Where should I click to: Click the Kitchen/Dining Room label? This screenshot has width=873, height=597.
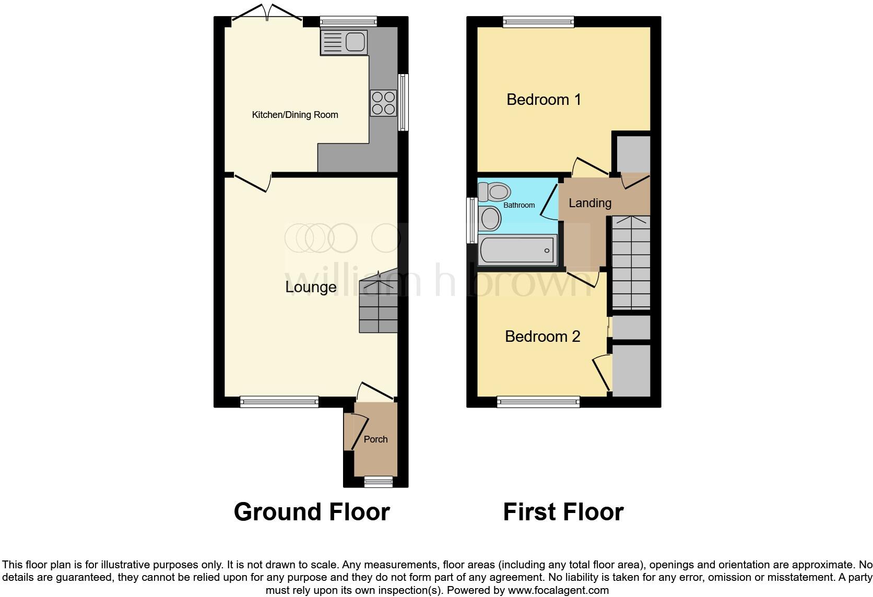pos(295,115)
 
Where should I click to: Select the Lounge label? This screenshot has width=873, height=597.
pos(311,287)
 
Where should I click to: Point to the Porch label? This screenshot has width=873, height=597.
pos(375,439)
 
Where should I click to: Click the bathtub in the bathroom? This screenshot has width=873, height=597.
pos(517,250)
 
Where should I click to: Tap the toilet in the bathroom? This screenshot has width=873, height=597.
pos(494,192)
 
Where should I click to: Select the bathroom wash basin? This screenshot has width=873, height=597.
pos(490,219)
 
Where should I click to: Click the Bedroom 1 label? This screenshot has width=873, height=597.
pos(544,99)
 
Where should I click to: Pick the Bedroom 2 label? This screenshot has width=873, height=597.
pos(542,336)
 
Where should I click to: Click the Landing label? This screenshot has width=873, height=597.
pos(589,203)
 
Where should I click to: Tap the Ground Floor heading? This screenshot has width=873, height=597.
pos(312,512)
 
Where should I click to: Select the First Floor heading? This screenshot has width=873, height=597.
pos(563,512)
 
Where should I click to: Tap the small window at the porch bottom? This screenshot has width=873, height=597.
pos(378,482)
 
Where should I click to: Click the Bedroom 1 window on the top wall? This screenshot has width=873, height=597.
pos(538,21)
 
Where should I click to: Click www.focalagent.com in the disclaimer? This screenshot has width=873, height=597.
pos(559,591)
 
